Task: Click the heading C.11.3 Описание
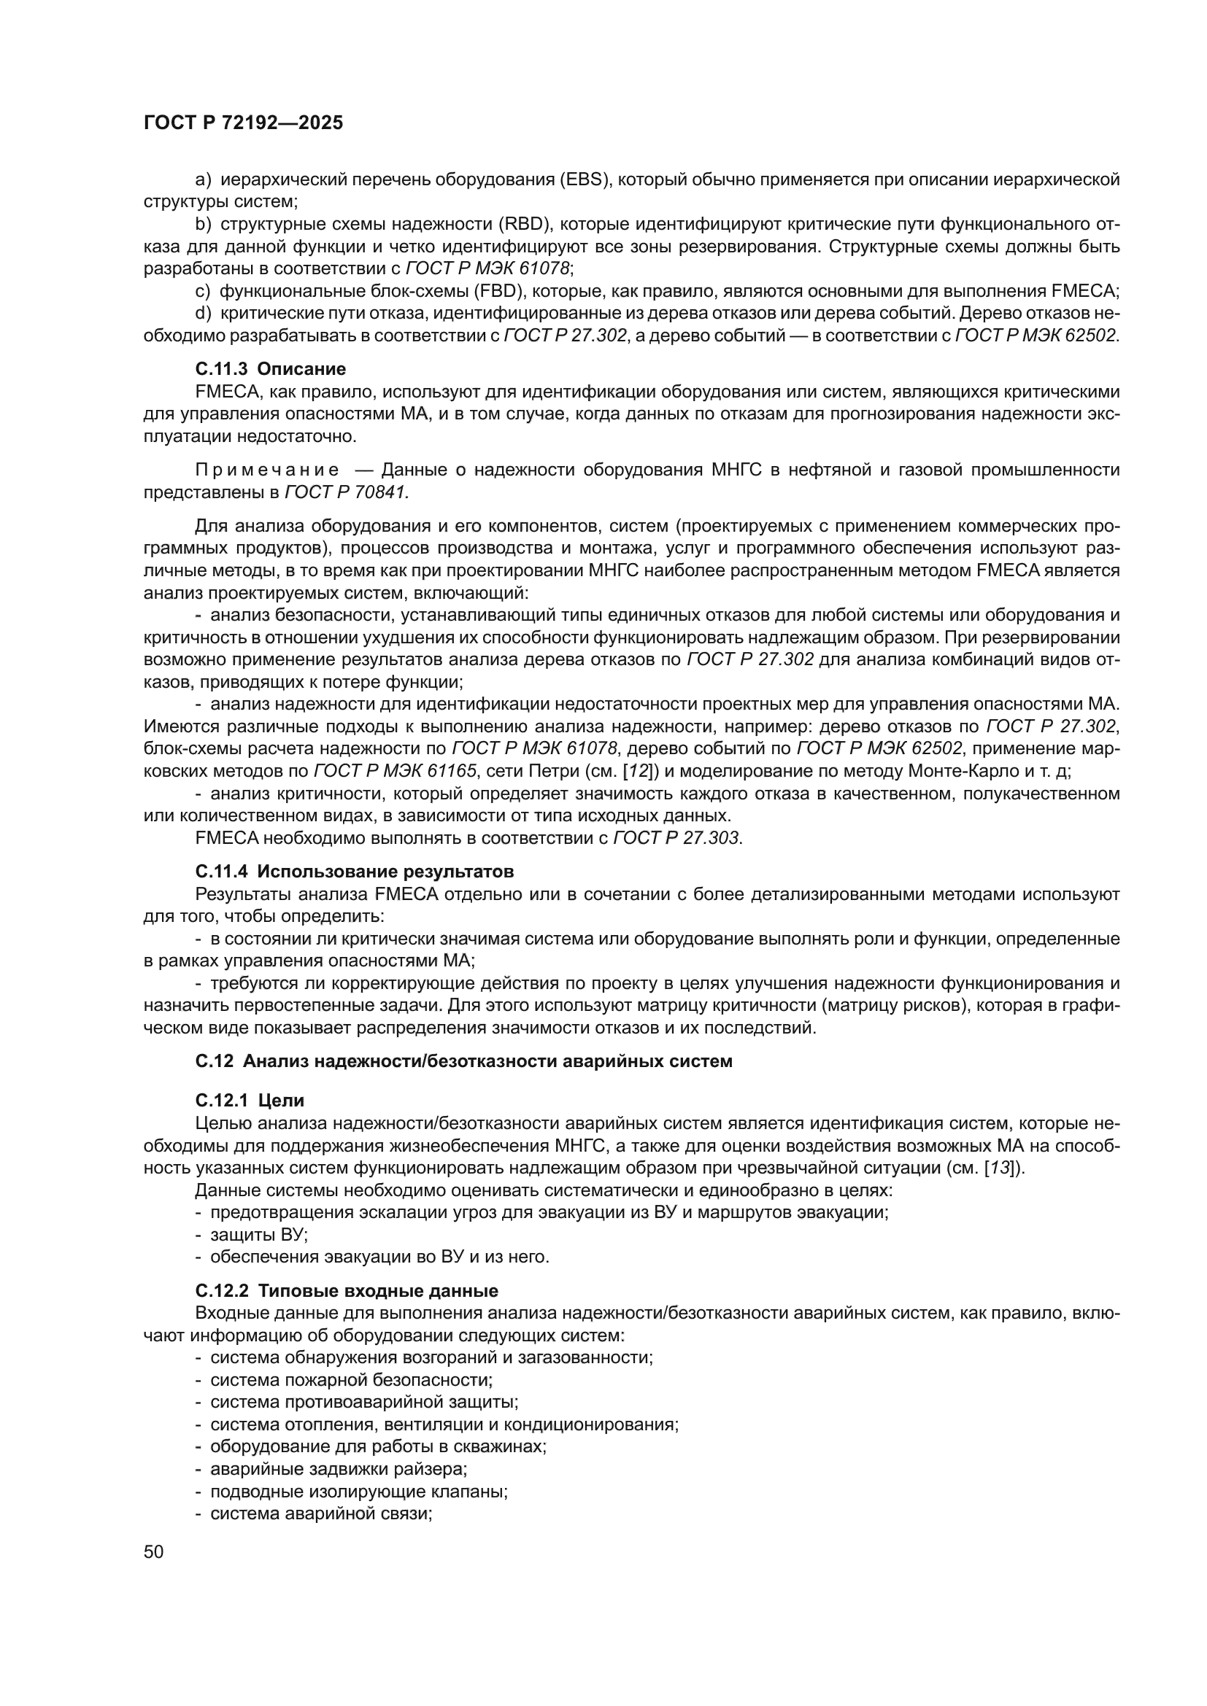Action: [x=271, y=369]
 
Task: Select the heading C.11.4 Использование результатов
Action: [x=355, y=872]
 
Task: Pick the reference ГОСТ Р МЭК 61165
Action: [x=395, y=771]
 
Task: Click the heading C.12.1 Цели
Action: [x=250, y=1101]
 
